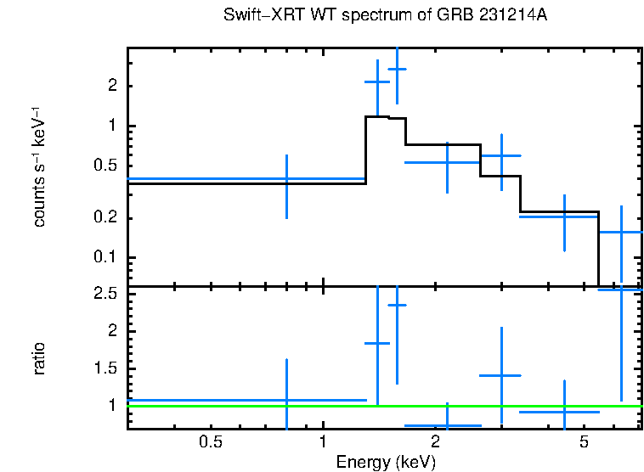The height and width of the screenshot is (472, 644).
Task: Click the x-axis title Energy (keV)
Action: pyautogui.click(x=386, y=462)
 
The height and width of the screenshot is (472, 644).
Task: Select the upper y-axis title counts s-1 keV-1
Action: pyautogui.click(x=39, y=167)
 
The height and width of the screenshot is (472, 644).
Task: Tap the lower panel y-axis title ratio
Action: pyautogui.click(x=39, y=358)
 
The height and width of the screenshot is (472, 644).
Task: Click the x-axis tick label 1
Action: pyautogui.click(x=323, y=441)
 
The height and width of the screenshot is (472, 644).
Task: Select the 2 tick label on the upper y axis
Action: pyautogui.click(x=112, y=87)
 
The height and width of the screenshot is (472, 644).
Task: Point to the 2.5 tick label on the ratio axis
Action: pyautogui.click(x=106, y=294)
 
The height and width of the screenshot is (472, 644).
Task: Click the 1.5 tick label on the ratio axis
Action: pyautogui.click(x=106, y=368)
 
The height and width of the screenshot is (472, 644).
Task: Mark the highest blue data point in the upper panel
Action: pyautogui.click(x=397, y=69)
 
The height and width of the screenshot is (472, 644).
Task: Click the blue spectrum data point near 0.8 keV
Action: pyautogui.click(x=286, y=179)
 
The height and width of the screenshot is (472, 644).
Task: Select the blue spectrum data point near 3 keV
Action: pyautogui.click(x=501, y=155)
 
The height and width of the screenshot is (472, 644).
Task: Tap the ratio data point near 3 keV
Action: pyautogui.click(x=501, y=374)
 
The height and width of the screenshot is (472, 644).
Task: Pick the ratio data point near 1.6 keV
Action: pyautogui.click(x=397, y=305)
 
